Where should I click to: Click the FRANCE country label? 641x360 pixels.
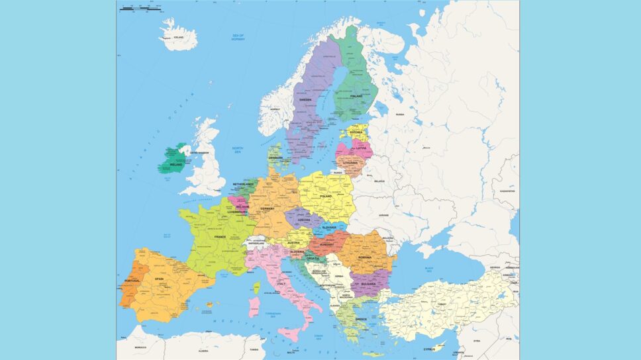[220, 236]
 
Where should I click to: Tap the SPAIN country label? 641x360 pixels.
[159, 279]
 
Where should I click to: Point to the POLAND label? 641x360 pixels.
[325, 197]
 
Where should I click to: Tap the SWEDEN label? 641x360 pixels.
[305, 100]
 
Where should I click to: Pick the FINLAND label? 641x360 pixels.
[356, 96]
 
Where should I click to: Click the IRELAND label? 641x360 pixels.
[176, 164]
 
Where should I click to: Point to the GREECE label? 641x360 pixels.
[360, 318]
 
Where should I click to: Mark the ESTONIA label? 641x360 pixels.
[356, 132]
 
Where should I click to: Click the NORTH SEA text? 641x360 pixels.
[237, 150]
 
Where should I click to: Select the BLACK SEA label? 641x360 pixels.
[429, 269]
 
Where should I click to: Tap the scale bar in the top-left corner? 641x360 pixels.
[141, 9]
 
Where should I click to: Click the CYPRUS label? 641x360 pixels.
[428, 349]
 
